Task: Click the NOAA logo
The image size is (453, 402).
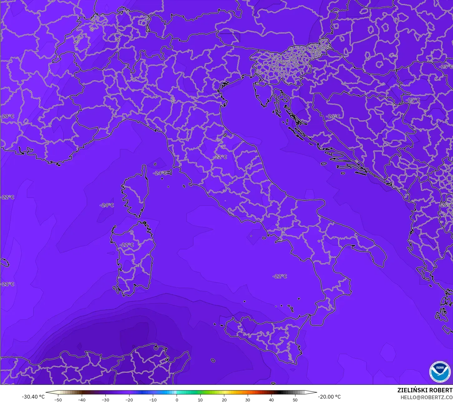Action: click(440, 371)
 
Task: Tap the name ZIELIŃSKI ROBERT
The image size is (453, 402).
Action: click(425, 390)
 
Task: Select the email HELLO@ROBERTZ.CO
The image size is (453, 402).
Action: click(426, 397)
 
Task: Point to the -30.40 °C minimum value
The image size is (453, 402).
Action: click(33, 397)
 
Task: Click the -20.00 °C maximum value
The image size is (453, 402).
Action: click(329, 397)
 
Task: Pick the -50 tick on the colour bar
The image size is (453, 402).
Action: click(58, 400)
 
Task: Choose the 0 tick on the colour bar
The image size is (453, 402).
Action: click(177, 400)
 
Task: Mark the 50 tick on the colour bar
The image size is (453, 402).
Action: click(295, 400)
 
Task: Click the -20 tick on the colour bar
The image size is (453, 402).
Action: click(129, 400)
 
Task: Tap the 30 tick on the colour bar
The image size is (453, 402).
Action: click(248, 400)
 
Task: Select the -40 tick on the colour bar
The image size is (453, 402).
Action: click(81, 400)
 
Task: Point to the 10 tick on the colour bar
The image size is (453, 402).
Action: click(200, 400)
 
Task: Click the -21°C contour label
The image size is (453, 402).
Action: click(7, 284)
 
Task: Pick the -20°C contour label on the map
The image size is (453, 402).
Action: click(7, 116)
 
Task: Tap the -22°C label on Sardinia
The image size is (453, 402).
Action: click(127, 245)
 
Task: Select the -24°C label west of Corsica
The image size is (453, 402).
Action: click(107, 205)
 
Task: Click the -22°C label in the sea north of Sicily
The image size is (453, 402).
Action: click(280, 276)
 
